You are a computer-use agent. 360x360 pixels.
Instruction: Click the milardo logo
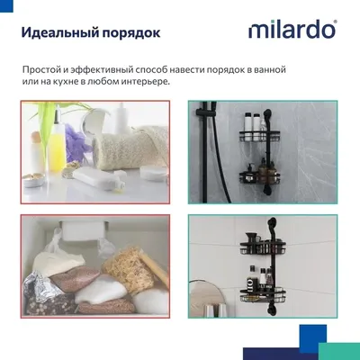coord(292,29)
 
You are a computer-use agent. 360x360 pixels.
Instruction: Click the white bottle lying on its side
coord(99,179)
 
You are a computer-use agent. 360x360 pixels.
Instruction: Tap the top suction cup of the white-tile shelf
coord(272,224)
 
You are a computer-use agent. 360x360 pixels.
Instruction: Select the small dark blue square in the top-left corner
coord(6,6)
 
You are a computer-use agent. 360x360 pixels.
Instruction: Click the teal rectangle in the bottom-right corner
coord(339,351)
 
